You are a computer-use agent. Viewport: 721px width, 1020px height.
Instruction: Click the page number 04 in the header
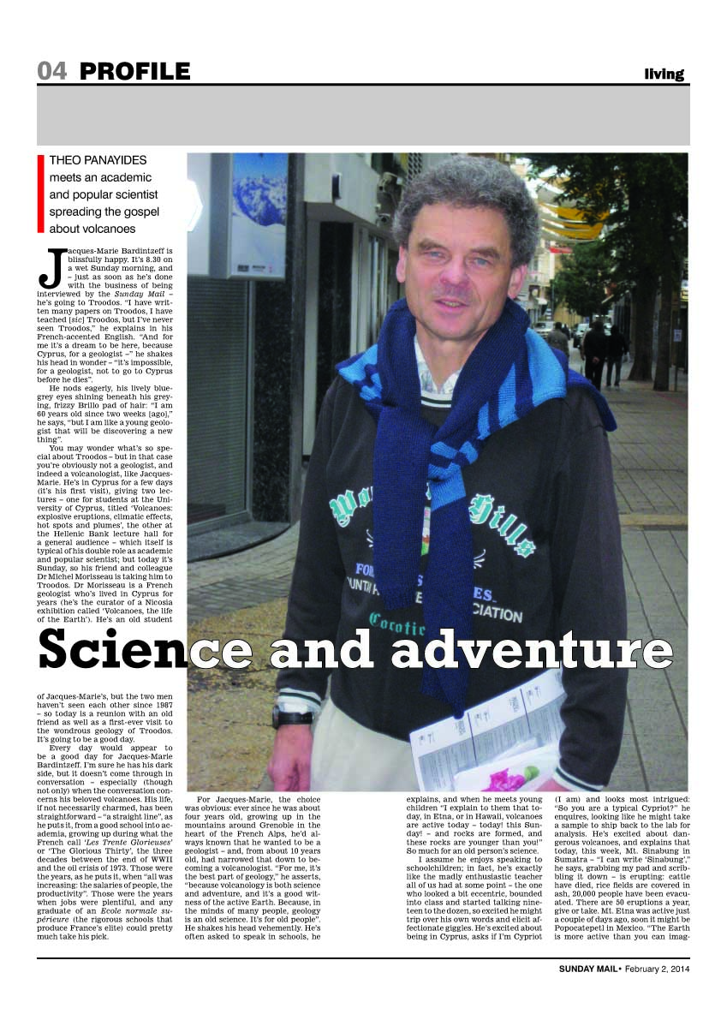pyautogui.click(x=51, y=72)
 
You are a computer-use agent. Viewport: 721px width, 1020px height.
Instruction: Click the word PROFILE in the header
pyautogui.click(x=134, y=72)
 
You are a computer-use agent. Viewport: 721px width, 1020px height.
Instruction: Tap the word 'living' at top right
pyautogui.click(x=664, y=75)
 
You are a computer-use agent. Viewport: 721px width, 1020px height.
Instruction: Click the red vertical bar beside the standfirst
pyautogui.click(x=40, y=194)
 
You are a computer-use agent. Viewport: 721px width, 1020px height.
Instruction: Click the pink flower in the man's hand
pyautogui.click(x=505, y=778)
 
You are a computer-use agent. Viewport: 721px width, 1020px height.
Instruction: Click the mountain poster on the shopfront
pyautogui.click(x=259, y=214)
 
